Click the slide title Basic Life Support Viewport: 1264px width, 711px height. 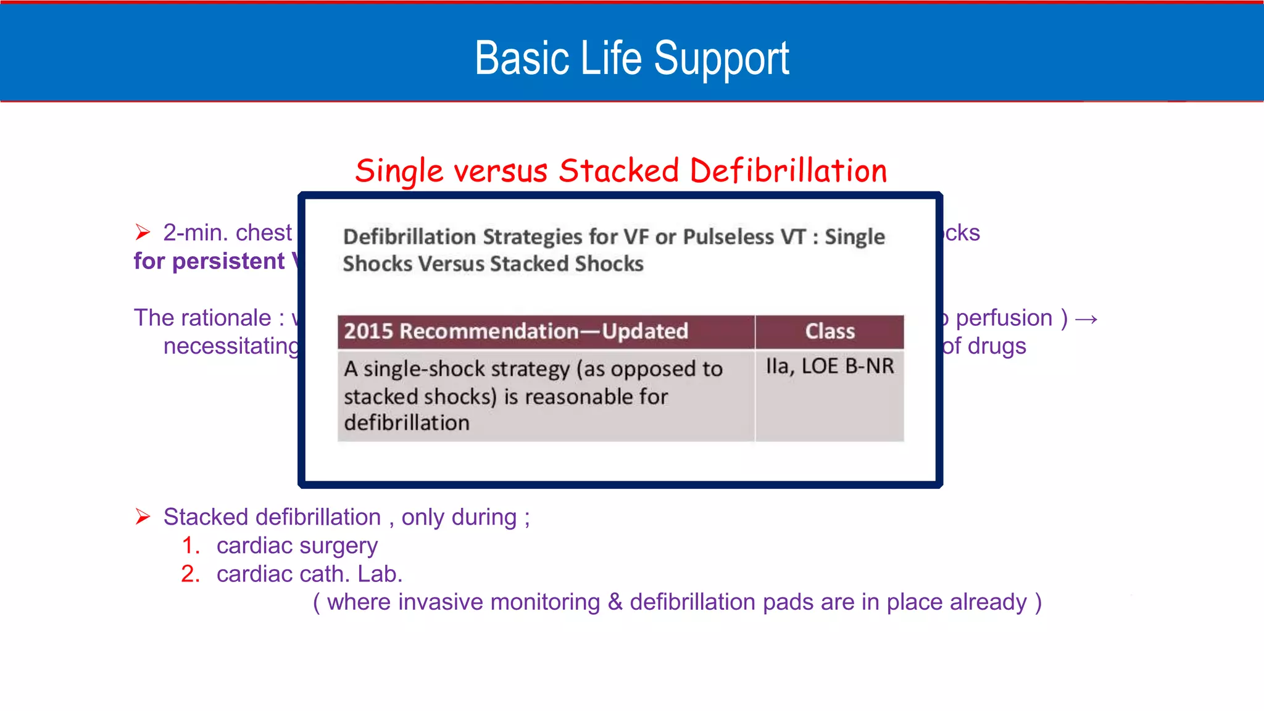pos(631,58)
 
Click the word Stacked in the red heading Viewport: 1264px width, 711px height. pos(618,171)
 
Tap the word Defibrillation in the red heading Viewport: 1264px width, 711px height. pos(788,171)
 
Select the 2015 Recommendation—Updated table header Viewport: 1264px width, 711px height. pos(515,331)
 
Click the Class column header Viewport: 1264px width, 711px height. pos(829,331)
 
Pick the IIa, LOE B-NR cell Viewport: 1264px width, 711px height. pos(829,367)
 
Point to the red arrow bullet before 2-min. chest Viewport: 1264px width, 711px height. pos(143,233)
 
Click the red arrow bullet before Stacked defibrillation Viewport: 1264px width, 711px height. pos(143,517)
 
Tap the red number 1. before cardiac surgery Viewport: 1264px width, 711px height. pos(191,546)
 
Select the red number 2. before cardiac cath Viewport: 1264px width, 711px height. pos(191,574)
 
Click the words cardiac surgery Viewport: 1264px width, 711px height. pos(297,546)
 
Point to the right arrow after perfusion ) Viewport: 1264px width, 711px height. pos(1086,319)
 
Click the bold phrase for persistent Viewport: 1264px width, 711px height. pos(209,261)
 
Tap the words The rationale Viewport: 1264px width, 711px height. pos(202,318)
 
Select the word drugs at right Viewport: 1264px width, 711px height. pos(997,346)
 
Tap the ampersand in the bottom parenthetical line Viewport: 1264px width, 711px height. pos(615,602)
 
